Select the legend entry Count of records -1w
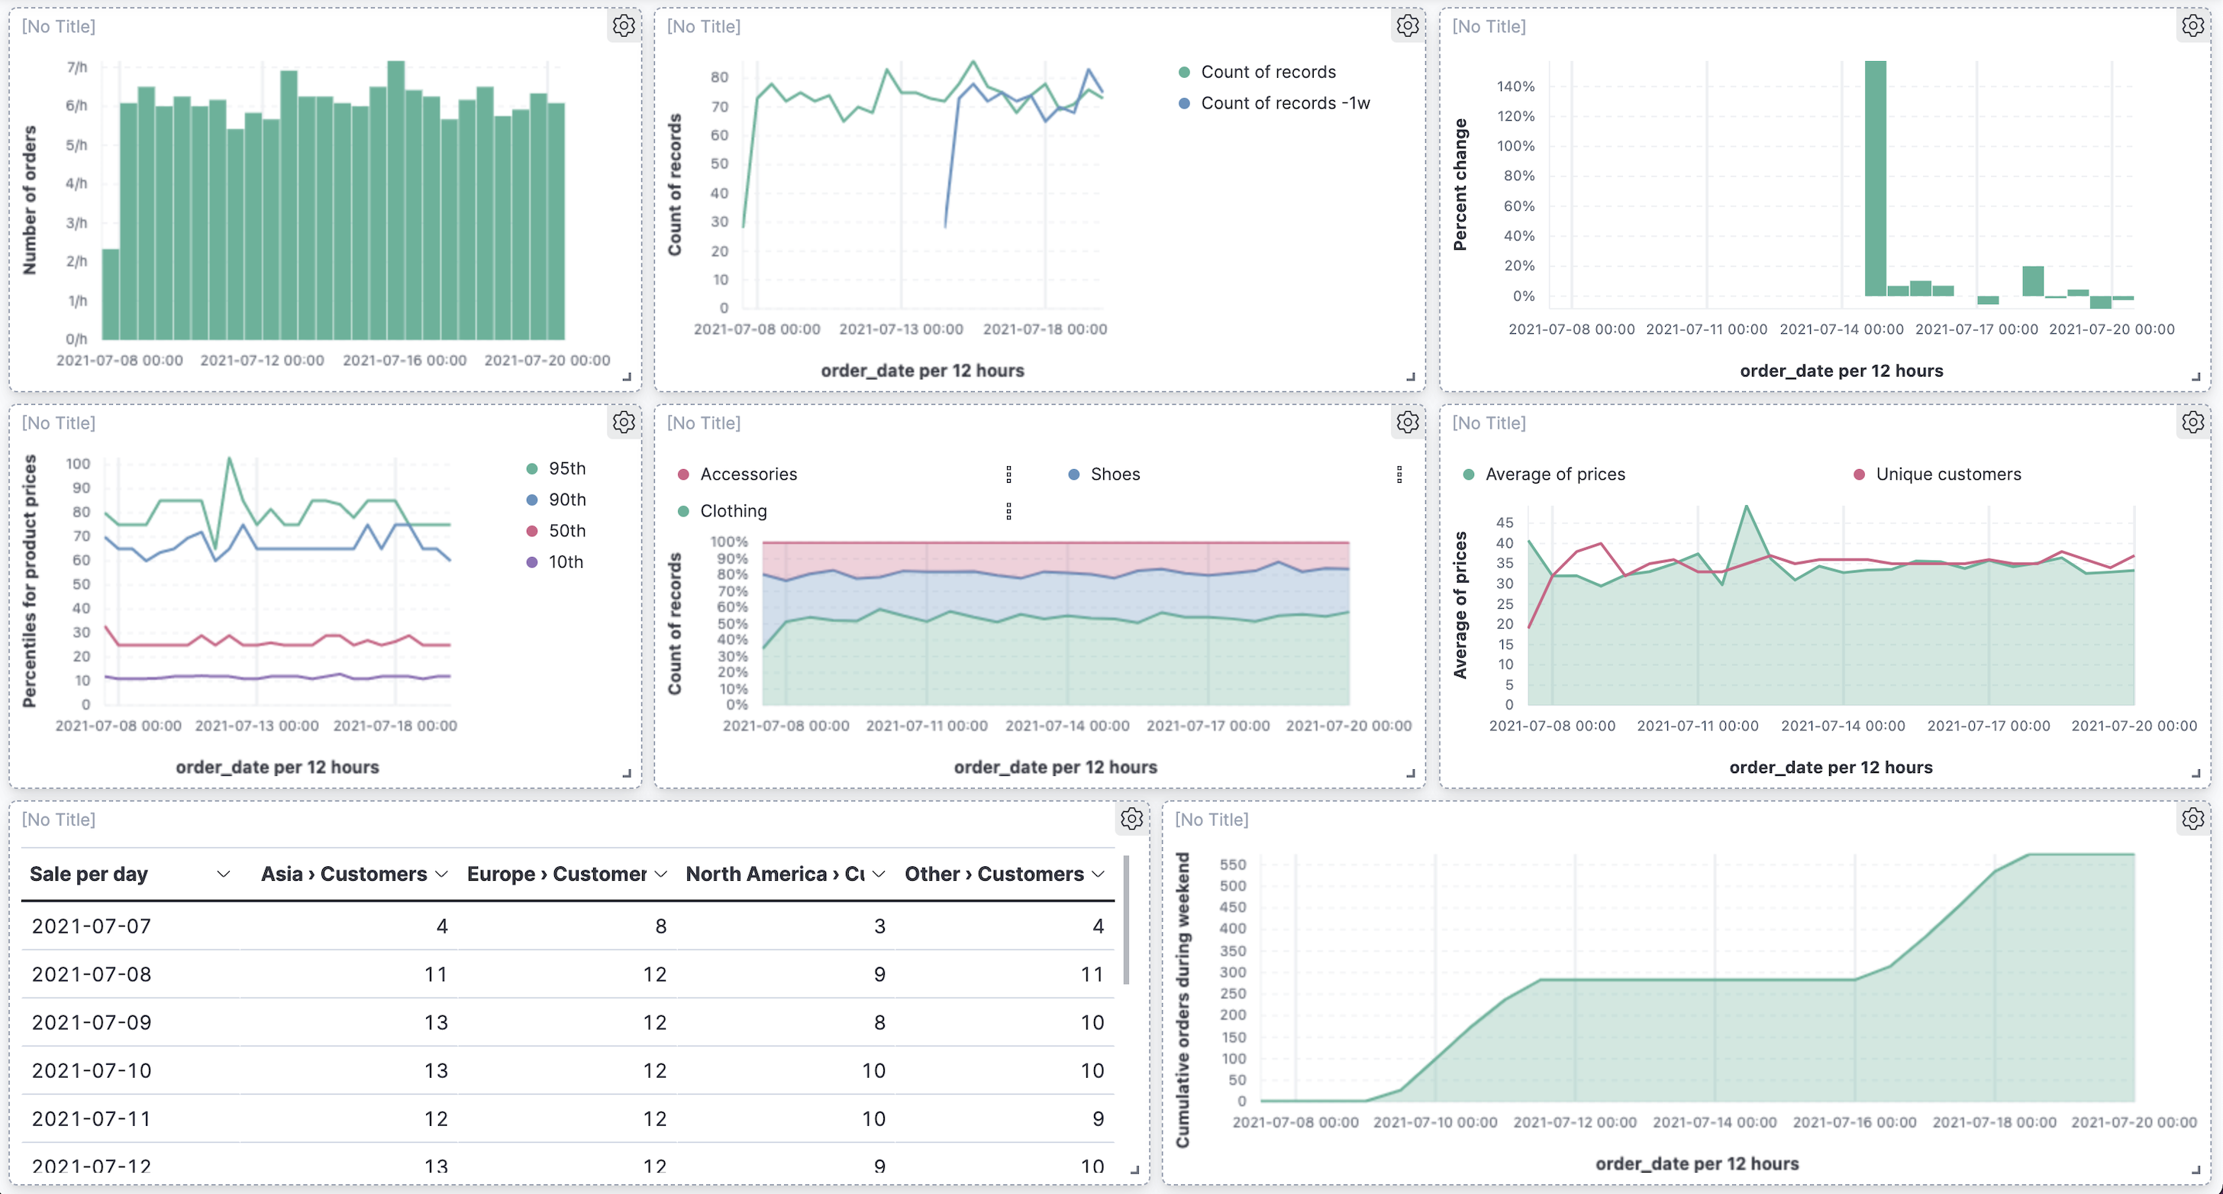tap(1284, 102)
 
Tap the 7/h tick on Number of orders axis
tap(77, 67)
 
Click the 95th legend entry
tap(566, 469)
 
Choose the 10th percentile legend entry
tap(565, 562)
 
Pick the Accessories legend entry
tap(747, 474)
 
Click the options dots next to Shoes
tap(1399, 474)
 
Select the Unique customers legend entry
tap(1947, 474)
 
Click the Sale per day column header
tap(89, 874)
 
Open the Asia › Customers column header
tap(344, 874)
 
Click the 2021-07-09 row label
tap(92, 1022)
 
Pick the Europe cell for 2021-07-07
tap(660, 927)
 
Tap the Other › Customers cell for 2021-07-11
tap(1097, 1119)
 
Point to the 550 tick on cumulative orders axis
tap(1232, 864)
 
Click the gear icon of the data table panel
tap(1131, 818)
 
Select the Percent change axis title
tap(1460, 185)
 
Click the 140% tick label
tap(1515, 86)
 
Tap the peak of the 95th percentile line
tap(229, 458)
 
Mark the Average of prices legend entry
tap(1554, 474)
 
